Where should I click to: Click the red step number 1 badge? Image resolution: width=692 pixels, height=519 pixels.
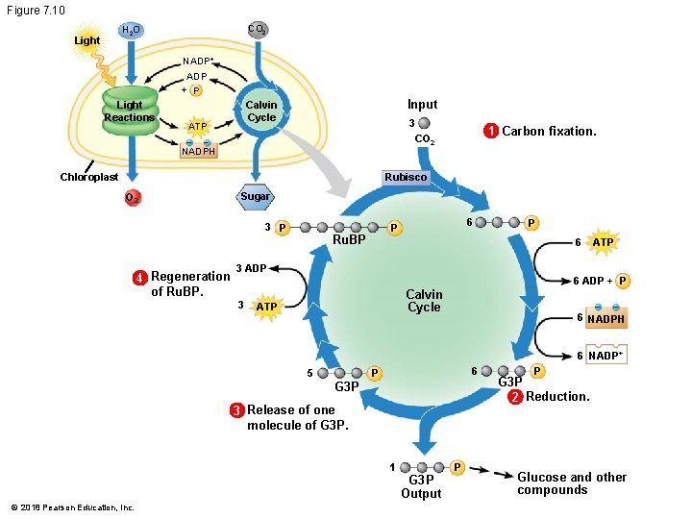tap(490, 131)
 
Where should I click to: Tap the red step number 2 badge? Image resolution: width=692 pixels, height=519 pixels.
tap(515, 397)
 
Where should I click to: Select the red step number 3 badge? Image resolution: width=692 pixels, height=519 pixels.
tap(235, 410)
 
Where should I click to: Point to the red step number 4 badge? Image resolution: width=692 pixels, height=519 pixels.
tap(139, 278)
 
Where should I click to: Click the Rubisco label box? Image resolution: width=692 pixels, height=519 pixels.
tap(405, 177)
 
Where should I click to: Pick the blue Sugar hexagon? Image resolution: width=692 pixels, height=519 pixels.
tap(255, 197)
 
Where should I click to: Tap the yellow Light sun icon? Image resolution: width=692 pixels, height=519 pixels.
tap(87, 40)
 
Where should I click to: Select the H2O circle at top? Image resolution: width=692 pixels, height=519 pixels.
tap(130, 32)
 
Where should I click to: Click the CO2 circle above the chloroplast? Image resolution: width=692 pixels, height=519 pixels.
tap(257, 30)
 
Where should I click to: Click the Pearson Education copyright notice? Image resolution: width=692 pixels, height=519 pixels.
tap(73, 507)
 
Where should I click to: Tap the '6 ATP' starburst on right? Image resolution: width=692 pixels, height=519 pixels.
tap(603, 243)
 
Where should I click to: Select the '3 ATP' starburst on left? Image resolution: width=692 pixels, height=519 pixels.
tap(266, 307)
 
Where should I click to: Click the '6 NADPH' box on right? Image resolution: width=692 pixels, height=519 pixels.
tap(605, 318)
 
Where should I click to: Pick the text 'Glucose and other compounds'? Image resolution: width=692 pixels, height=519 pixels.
tap(571, 483)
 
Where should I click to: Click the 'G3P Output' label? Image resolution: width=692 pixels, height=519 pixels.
tap(421, 486)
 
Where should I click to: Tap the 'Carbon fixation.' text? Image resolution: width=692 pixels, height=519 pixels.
tap(549, 131)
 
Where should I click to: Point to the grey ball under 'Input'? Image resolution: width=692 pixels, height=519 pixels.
tap(424, 123)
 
